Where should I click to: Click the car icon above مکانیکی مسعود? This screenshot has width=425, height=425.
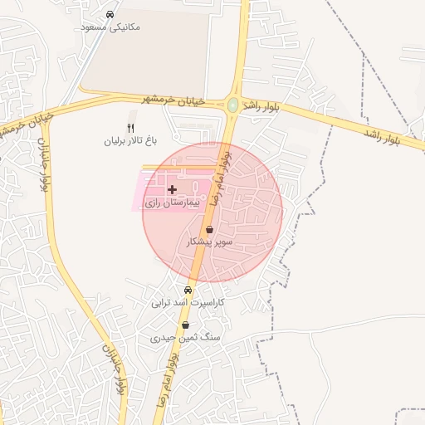(110, 15)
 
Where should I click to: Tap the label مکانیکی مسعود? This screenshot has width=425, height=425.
(111, 27)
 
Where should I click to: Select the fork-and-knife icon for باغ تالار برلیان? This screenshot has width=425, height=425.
(129, 126)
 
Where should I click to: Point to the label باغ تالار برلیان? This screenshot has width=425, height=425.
(130, 140)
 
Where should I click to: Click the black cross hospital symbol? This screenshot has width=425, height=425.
(172, 190)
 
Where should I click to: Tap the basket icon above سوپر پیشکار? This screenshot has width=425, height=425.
(209, 229)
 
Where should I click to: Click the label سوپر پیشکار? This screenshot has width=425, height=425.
(209, 242)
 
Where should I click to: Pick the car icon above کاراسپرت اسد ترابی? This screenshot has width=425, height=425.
(188, 291)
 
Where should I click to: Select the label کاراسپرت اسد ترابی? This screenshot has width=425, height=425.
(188, 303)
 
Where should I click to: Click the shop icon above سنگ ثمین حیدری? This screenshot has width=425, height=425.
(185, 325)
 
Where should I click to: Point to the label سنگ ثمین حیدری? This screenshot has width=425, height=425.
(173, 338)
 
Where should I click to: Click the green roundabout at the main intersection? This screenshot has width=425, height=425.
(233, 105)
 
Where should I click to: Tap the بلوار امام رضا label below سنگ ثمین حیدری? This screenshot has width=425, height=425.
(167, 378)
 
